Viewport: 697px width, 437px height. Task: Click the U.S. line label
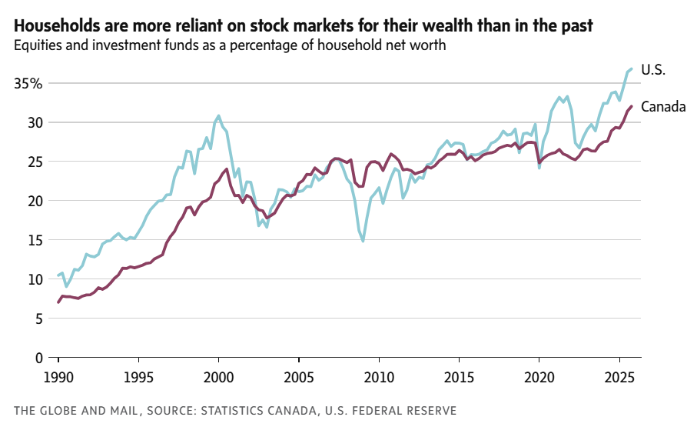[652, 70]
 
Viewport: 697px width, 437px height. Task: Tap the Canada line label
[662, 107]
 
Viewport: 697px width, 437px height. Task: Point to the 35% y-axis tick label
[29, 83]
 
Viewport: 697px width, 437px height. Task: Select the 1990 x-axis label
[58, 379]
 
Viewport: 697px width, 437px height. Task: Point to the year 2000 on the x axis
[218, 379]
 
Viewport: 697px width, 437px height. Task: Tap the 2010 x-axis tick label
[378, 379]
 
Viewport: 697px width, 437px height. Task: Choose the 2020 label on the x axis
[539, 379]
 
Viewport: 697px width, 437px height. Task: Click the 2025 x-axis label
[619, 379]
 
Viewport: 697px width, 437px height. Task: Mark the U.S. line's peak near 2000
[218, 115]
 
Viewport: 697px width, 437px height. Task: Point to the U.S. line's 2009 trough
[363, 242]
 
